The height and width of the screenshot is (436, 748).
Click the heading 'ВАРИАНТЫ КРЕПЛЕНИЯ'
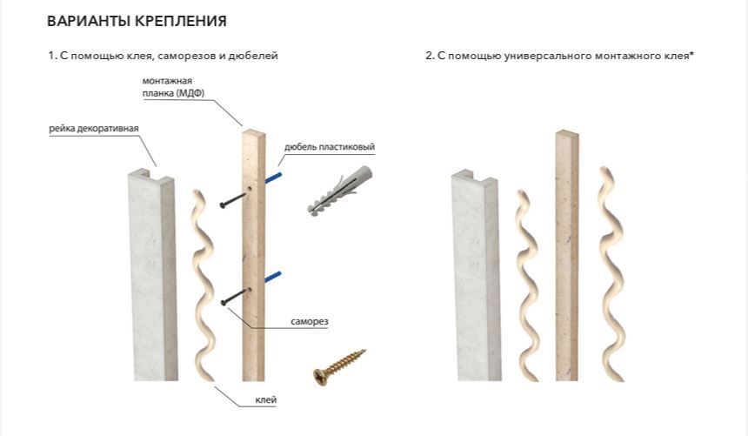[x=137, y=21]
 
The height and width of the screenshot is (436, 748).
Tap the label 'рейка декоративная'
[x=94, y=129]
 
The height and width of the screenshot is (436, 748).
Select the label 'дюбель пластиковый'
[x=330, y=146]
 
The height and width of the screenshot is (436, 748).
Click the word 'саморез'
[x=310, y=321]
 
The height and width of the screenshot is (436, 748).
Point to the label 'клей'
[x=265, y=400]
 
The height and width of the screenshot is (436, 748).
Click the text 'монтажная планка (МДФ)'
[x=173, y=87]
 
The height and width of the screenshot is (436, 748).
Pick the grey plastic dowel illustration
[x=339, y=191]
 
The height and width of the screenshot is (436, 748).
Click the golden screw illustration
[x=338, y=366]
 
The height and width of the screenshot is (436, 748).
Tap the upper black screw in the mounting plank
[x=235, y=198]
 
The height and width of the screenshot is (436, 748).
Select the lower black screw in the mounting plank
[x=235, y=297]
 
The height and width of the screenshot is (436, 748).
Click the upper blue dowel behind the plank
[x=273, y=178]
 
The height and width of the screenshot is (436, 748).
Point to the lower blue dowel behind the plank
[x=273, y=277]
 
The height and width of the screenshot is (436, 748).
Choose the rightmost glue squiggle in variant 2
[x=611, y=273]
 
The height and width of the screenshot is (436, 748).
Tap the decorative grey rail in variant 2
[x=475, y=276]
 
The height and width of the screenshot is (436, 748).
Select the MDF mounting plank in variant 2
[x=567, y=256]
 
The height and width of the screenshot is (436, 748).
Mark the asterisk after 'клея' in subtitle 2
[x=691, y=53]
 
